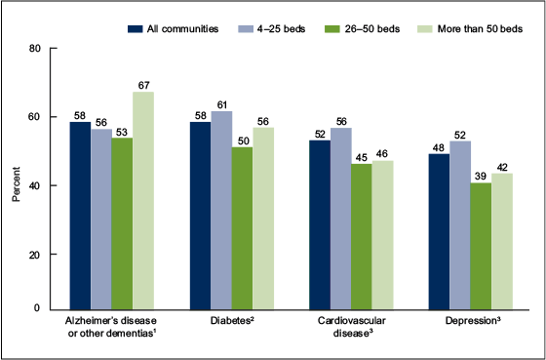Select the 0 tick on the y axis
tap(37, 308)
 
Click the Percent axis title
tap(17, 180)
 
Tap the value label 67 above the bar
tap(143, 84)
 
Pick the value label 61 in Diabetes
tap(221, 102)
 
